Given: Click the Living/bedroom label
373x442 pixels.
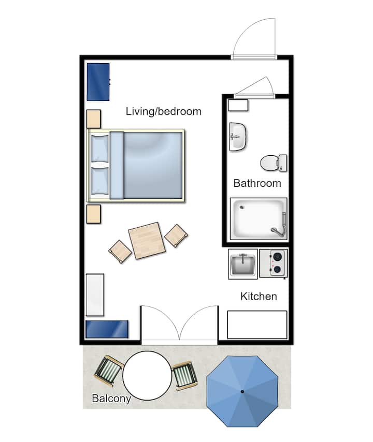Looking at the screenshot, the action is [163, 112].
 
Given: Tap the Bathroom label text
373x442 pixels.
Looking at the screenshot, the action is [257, 183].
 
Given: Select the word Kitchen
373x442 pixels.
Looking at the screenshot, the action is [259, 296].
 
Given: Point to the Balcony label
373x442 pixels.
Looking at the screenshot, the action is [111, 399].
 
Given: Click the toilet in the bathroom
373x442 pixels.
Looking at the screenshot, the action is [274, 163].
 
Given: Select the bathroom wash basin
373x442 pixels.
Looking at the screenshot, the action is [238, 137].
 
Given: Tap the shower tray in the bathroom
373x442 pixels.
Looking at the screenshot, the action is [259, 219].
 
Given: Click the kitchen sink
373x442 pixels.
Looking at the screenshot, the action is [242, 264].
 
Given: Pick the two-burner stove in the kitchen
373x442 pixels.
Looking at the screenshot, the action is [274, 263].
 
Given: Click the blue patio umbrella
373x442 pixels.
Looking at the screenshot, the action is [242, 391].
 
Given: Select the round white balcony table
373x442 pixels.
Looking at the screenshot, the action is [147, 375].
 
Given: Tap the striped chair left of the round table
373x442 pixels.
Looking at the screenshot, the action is [109, 371].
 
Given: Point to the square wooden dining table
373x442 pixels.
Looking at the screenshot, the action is [147, 241].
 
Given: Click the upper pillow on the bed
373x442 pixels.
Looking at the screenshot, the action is [100, 148].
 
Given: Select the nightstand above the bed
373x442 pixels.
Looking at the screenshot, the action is [93, 119].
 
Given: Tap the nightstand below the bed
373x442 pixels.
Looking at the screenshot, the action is [93, 214].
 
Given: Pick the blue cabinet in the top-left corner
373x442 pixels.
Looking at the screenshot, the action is [98, 82].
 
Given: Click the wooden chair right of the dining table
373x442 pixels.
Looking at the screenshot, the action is [176, 235].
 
